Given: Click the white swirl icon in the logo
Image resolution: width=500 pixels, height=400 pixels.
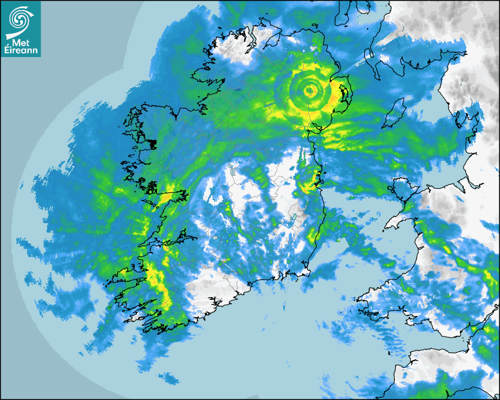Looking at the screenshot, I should pos(20,18).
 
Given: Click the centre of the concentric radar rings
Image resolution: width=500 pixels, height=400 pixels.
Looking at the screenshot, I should pos(309,91).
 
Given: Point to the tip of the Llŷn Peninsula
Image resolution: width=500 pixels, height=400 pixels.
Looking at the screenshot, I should pos(387,226).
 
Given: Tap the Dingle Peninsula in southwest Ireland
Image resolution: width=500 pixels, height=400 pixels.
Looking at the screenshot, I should pos(121,272).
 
